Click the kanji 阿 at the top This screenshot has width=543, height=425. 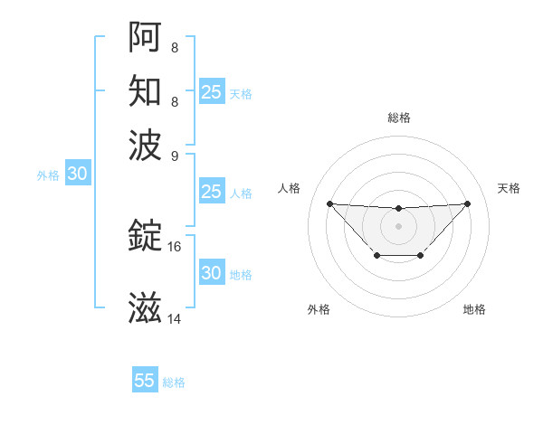coord(145,37)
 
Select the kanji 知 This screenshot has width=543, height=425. coord(145,91)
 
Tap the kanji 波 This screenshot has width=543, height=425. coord(145,145)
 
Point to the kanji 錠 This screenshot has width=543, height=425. coord(145,235)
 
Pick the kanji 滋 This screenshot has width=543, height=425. coord(145,307)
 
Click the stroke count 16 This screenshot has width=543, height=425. coord(175,246)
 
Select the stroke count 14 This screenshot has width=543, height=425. coord(175,318)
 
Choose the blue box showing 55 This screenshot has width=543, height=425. coord(145,381)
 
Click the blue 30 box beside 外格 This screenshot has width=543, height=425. coord(77,175)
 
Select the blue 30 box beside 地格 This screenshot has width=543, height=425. coord(211,273)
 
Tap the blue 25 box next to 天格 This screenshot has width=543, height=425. coord(211,92)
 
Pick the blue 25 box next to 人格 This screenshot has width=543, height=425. coord(211,192)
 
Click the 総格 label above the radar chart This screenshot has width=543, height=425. coord(398,118)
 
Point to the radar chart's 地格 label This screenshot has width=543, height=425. coord(474,309)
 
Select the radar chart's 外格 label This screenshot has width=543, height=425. coord(319,309)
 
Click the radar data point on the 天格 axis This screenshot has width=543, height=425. coord(467,203)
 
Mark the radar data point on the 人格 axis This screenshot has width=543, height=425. coord(329,203)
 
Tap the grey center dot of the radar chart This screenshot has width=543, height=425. coord(398,225)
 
